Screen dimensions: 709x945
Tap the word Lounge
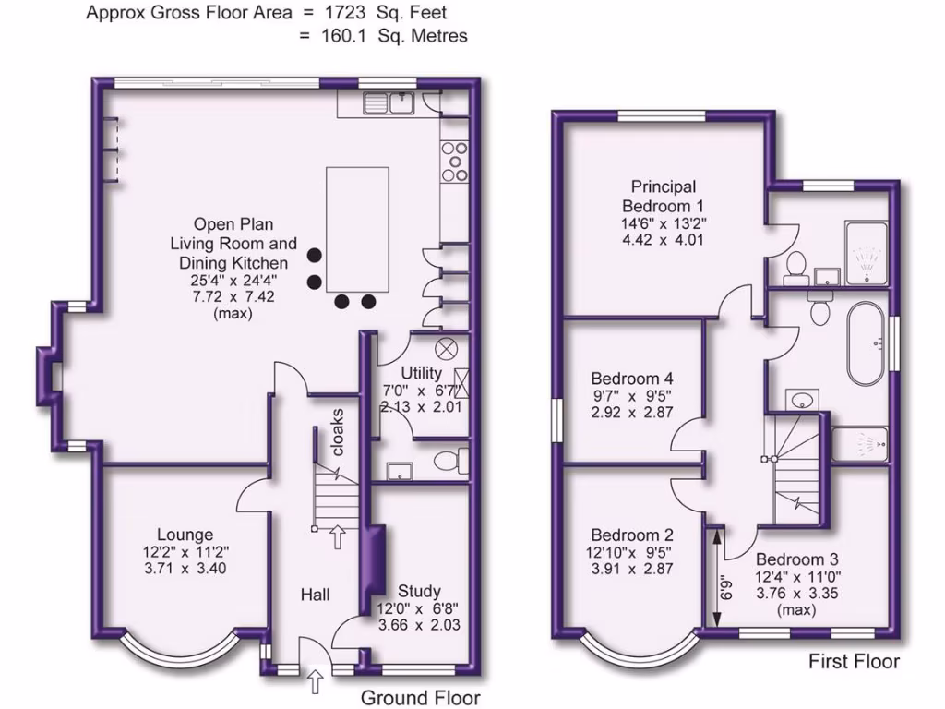[185, 535]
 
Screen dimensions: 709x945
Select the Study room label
[418, 591]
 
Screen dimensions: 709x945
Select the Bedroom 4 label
[632, 379]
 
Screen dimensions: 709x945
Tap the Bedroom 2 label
[632, 535]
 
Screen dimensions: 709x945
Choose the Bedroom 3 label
[796, 559]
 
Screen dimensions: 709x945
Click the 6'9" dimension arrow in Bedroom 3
[716, 580]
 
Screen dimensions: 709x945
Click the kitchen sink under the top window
[401, 101]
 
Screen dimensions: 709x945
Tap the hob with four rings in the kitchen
[453, 161]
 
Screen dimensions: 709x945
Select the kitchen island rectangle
[356, 228]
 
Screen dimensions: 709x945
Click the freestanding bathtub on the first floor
[865, 342]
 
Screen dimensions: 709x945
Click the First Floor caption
[854, 661]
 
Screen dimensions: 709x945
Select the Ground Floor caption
[420, 698]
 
